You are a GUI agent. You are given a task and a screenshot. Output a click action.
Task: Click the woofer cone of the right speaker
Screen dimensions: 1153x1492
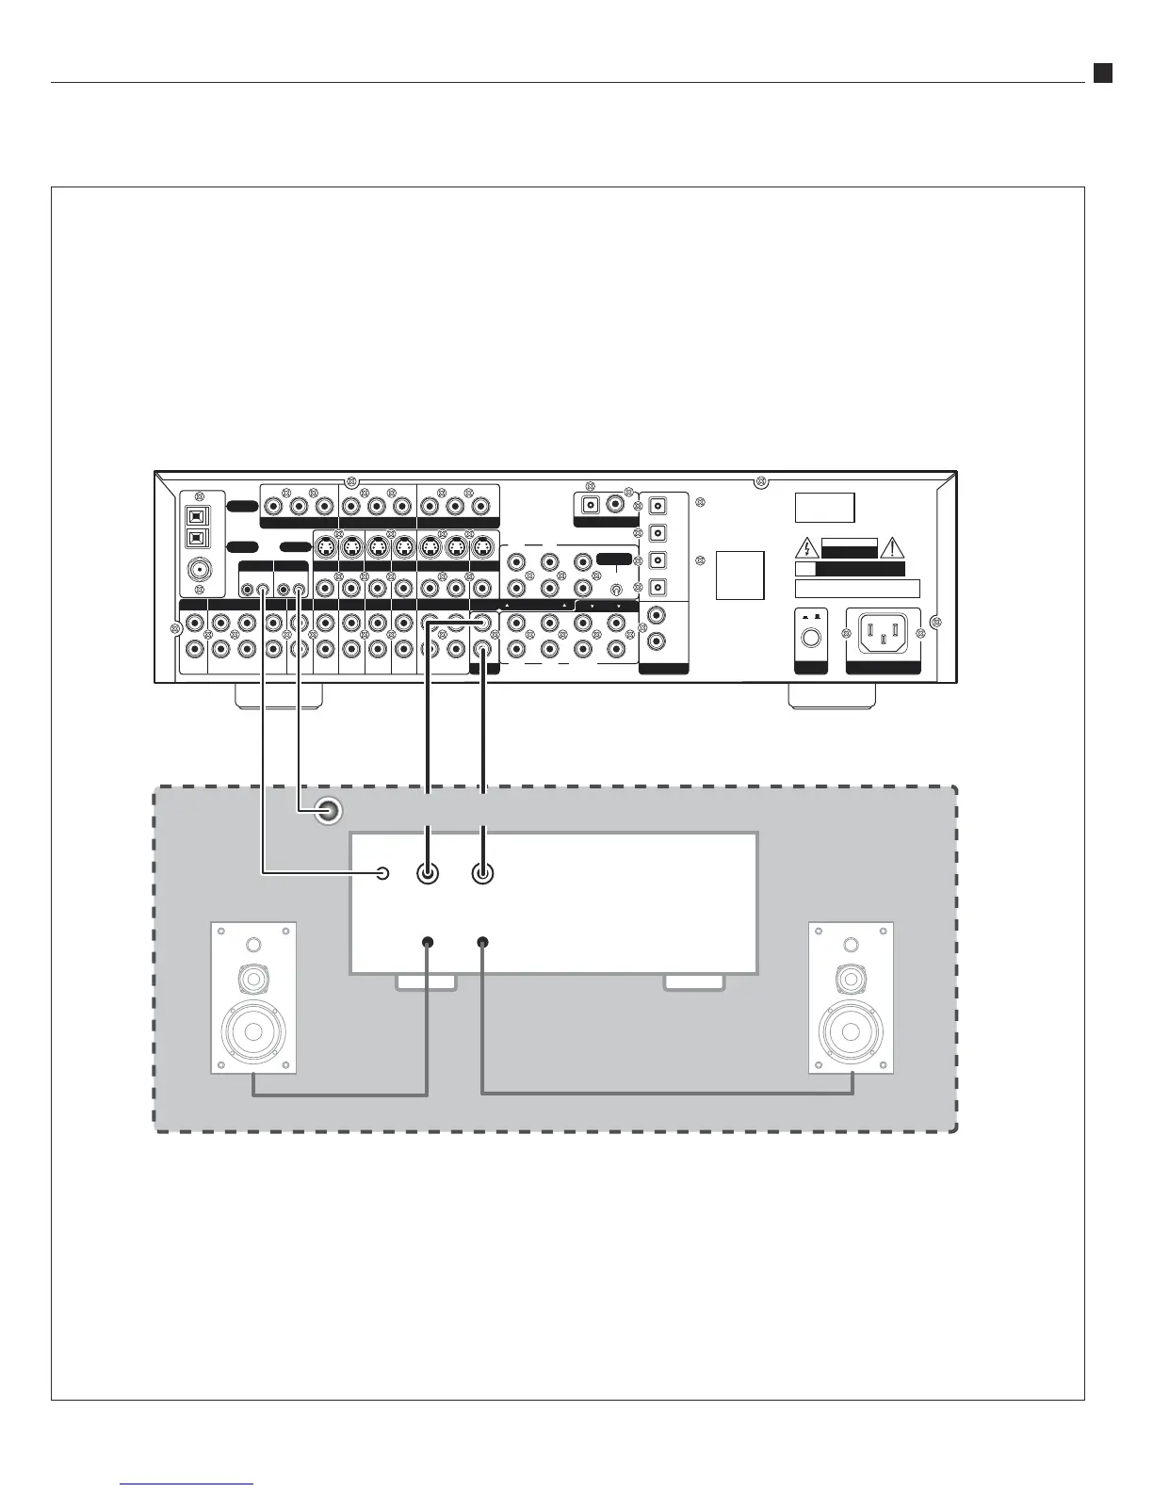tap(852, 1030)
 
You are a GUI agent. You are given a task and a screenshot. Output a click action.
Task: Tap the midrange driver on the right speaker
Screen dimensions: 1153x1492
tap(852, 981)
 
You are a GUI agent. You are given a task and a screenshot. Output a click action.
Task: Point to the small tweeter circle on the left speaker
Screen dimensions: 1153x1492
tap(253, 945)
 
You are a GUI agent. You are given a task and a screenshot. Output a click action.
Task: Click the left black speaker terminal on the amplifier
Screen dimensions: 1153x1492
tap(429, 942)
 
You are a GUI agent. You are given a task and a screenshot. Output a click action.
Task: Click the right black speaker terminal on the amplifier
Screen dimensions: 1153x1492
tap(482, 942)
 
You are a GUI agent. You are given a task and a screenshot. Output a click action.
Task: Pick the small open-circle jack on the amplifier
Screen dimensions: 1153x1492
tap(382, 873)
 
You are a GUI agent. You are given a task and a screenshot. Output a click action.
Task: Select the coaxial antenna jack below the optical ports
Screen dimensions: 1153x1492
tap(200, 569)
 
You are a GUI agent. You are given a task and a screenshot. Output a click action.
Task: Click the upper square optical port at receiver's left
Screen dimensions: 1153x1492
tap(200, 515)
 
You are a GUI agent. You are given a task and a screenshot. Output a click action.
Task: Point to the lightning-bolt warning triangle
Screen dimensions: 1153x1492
tap(806, 547)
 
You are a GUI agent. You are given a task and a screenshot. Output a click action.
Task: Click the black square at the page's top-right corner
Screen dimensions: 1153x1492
tap(1102, 73)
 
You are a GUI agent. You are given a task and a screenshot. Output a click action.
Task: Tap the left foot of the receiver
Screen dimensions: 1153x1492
tap(278, 696)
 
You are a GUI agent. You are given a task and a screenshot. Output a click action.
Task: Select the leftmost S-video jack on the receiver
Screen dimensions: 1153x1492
tap(326, 545)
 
